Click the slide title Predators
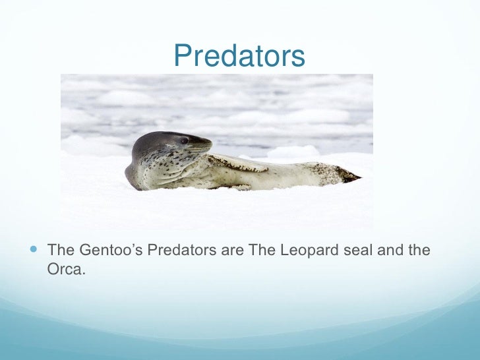[239, 56]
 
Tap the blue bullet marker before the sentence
[34, 250]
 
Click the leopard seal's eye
[185, 140]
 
